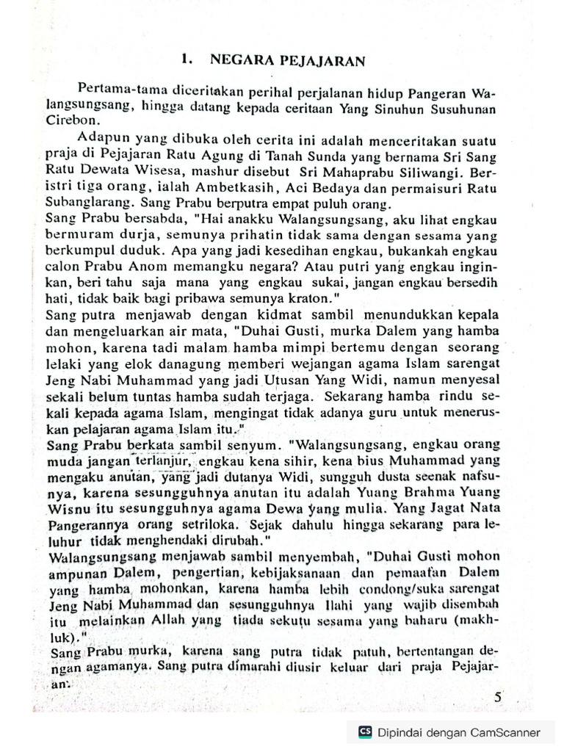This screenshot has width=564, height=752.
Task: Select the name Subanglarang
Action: pyautogui.click(x=82, y=203)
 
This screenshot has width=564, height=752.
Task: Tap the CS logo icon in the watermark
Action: pyautogui.click(x=365, y=731)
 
